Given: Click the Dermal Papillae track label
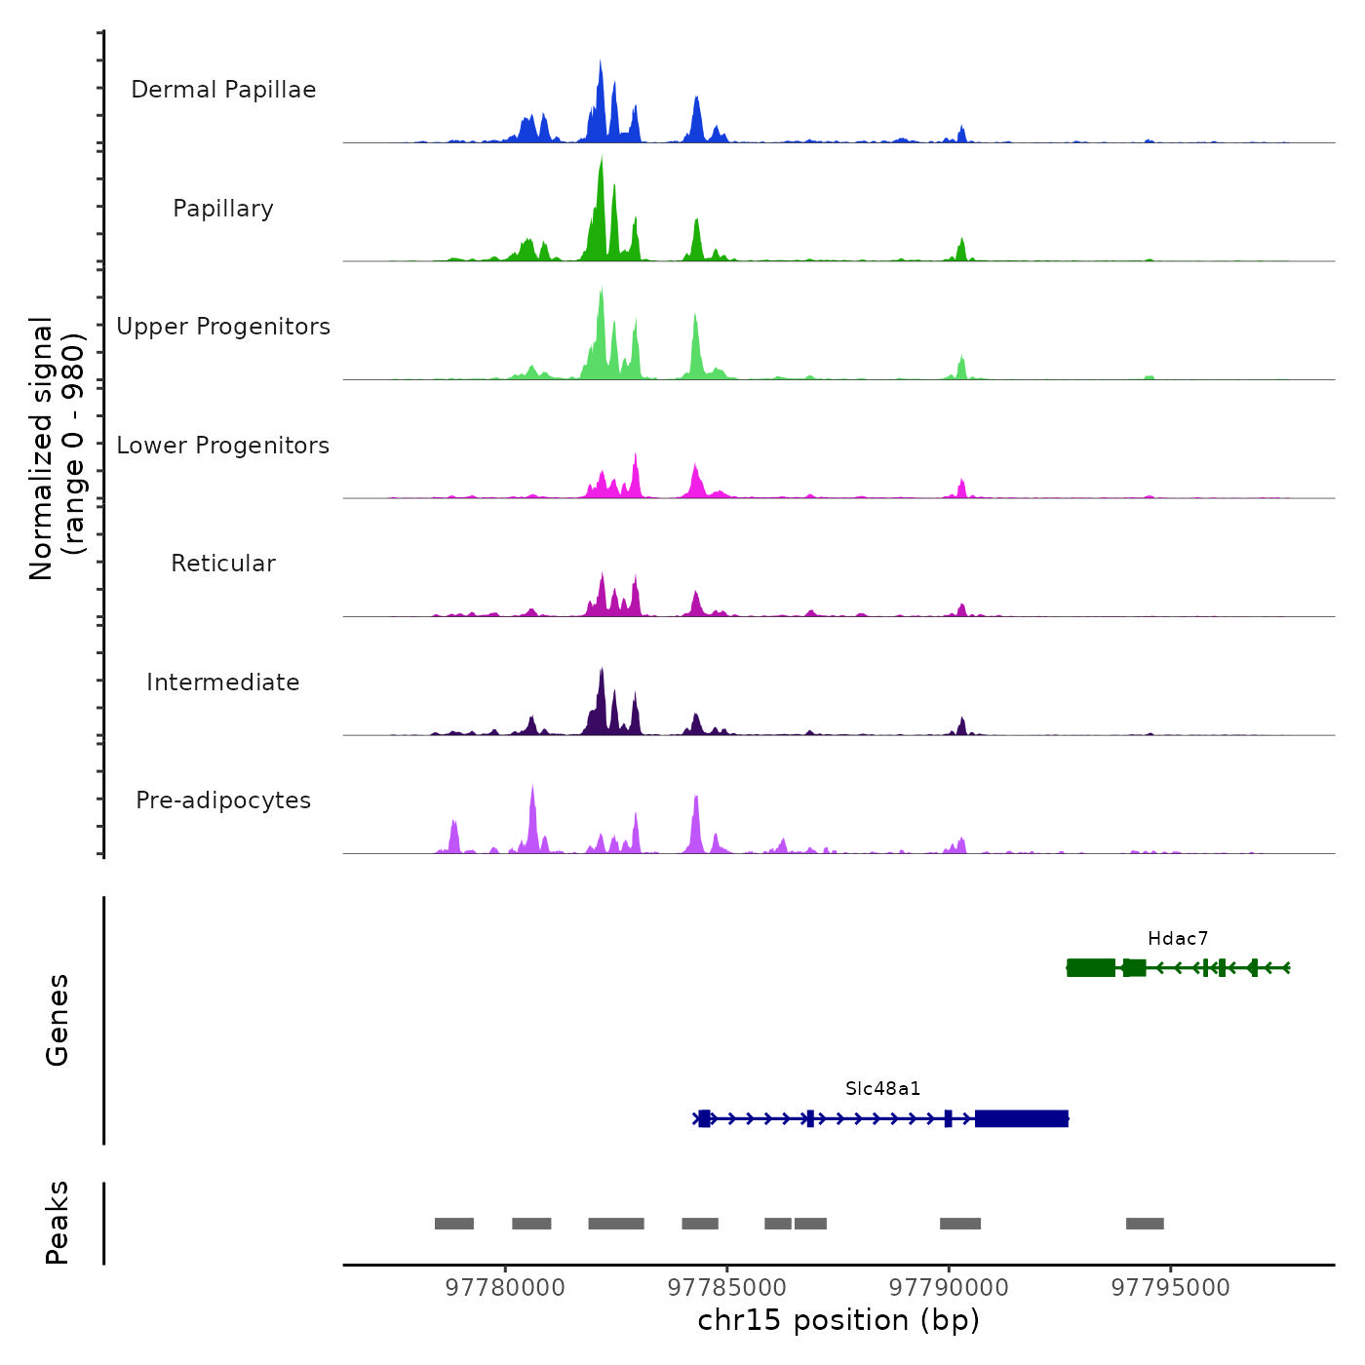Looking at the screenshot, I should point(223,90).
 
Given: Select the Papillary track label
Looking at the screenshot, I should point(223,209).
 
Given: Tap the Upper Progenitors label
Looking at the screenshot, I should point(223,327).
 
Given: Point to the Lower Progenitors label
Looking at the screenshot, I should point(223,446).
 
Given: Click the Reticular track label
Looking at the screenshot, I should point(223,564).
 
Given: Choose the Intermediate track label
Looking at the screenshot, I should point(223,682).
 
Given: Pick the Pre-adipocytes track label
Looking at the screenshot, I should point(223,800).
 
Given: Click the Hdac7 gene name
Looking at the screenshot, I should point(1178,939).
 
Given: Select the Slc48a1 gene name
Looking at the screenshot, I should point(883,1089).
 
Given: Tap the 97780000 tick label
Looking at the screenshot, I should point(505,1288).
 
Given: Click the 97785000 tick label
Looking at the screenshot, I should point(727,1288).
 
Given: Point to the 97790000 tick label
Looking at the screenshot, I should point(949,1288).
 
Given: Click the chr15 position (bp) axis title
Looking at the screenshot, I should point(838,1321).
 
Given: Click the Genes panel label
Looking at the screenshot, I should point(58,1020).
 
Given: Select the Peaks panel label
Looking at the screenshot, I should point(58,1223).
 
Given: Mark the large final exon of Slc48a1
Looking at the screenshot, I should point(1022,1118).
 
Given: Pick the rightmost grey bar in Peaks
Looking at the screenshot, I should point(1145,1224).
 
